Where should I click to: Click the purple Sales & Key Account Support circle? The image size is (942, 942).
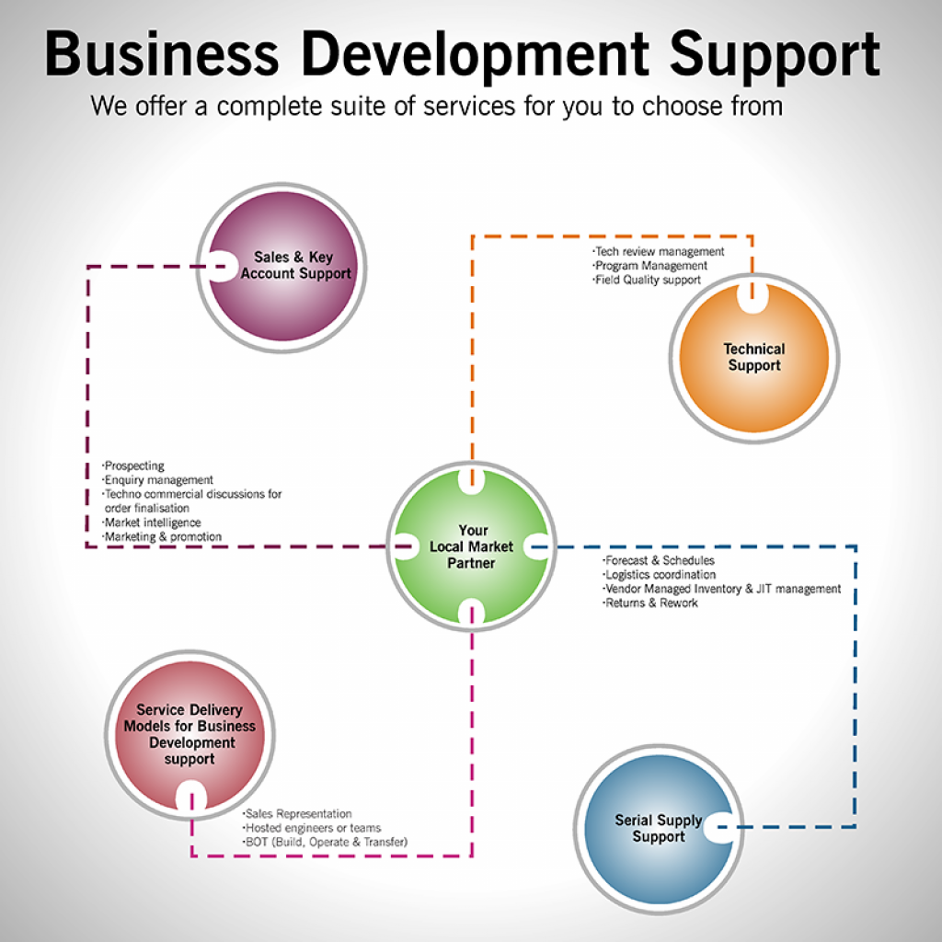point(281,267)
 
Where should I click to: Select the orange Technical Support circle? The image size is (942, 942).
point(753,357)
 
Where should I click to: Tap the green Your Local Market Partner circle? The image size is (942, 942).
point(471,546)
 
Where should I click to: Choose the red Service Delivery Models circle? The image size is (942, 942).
point(189,733)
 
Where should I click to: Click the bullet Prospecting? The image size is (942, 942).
point(134,466)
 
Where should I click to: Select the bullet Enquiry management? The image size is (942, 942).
point(158,480)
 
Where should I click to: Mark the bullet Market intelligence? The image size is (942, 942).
point(152,523)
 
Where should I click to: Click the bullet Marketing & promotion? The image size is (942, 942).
point(163,536)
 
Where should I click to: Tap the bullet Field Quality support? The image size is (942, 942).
point(648,280)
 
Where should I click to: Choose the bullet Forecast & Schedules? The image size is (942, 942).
point(660,560)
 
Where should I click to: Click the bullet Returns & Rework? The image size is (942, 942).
point(651,603)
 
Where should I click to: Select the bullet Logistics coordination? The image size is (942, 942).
point(660,575)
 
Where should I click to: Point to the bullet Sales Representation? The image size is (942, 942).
point(298,813)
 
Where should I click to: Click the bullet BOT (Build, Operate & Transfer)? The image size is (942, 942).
point(326,842)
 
